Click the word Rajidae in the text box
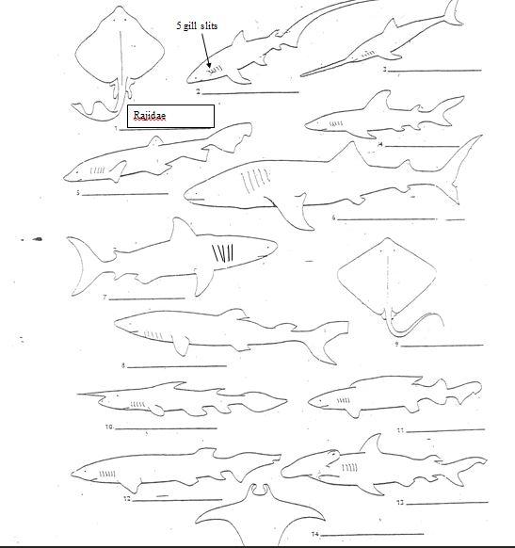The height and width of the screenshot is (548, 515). coord(151,116)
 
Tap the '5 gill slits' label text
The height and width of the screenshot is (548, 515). coord(197,26)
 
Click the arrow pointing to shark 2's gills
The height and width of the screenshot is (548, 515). coord(208,51)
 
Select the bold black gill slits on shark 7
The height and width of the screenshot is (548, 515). coord(223,253)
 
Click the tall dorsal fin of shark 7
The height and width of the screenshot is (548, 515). coord(177,231)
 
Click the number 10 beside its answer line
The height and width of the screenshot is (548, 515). coord(109,427)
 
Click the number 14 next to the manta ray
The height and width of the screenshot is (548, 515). coord(315,534)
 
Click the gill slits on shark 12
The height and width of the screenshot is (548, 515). coord(108,474)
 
